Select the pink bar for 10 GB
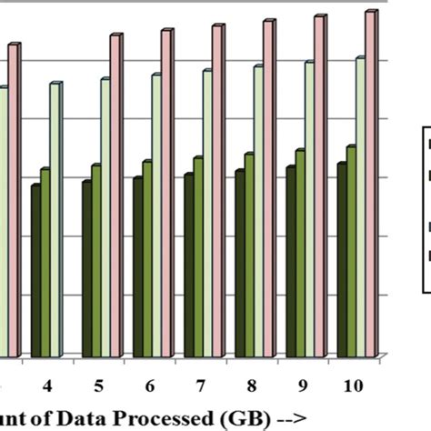370,182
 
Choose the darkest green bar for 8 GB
239,263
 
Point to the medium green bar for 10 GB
350,250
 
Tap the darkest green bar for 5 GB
86,268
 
